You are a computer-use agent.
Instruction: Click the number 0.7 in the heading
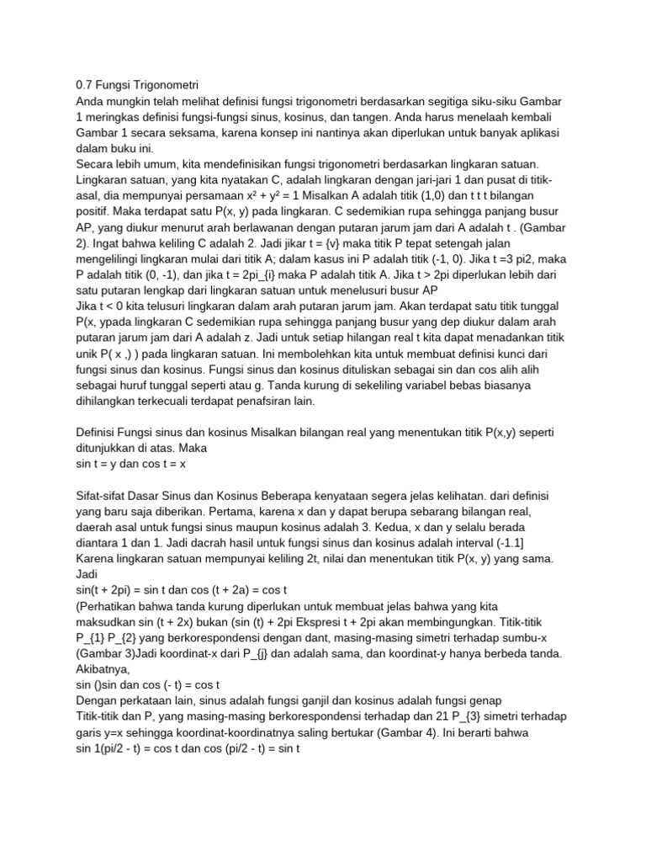[x=84, y=84]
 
